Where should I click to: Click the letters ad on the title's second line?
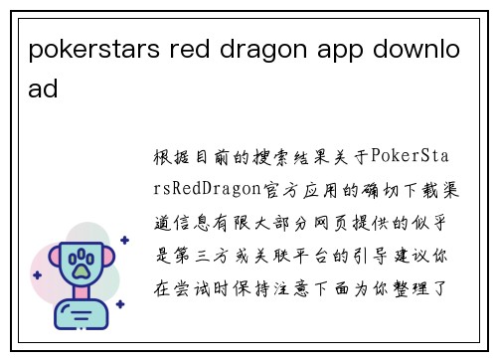44,89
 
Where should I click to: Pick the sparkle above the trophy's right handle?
123,240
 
